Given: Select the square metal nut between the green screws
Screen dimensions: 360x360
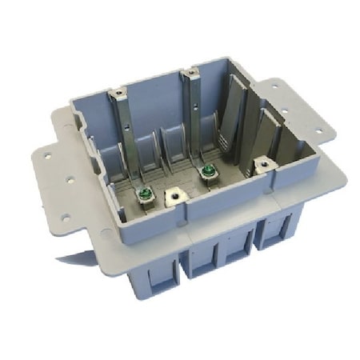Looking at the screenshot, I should click(x=173, y=196).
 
